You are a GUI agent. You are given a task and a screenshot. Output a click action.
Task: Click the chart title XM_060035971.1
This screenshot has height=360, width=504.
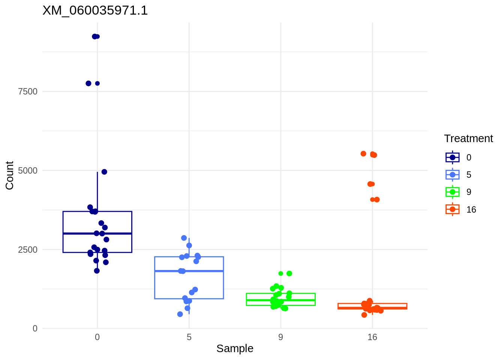[x=95, y=10]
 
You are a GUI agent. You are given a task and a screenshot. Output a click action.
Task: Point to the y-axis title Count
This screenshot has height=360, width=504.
[x=10, y=175]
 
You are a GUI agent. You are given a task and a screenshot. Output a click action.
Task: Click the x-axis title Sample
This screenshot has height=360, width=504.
[x=235, y=349]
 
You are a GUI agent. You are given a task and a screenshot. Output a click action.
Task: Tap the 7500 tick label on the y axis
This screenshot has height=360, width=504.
[x=28, y=91]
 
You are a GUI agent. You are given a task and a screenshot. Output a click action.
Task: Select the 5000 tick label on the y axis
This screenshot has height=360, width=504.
[x=28, y=171]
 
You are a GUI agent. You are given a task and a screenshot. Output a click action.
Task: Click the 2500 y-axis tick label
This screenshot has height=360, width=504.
[x=28, y=250]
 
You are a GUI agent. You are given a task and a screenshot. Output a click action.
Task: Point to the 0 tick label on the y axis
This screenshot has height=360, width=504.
[x=35, y=329]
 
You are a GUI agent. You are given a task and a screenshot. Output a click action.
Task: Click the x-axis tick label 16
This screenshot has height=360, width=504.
[x=372, y=337]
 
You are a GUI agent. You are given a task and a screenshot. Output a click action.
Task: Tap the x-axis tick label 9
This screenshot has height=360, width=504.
[x=280, y=337]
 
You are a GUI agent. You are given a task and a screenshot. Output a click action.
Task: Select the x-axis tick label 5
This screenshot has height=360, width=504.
[x=189, y=337]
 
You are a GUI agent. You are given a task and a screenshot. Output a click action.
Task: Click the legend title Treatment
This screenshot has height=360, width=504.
[x=468, y=139]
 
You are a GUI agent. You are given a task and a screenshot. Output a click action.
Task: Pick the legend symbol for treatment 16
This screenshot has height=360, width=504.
[x=453, y=209]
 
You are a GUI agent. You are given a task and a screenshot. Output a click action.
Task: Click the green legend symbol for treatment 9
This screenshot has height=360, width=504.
[x=453, y=192]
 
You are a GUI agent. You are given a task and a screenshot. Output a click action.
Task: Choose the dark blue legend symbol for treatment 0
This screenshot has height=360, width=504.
[x=453, y=157]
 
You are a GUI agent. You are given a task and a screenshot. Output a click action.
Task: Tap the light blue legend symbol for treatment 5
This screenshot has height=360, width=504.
[x=453, y=175]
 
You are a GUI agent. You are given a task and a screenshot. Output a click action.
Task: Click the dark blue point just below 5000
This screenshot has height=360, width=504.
[x=104, y=172]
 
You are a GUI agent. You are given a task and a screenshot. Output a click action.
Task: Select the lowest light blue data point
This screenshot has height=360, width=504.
[x=180, y=314]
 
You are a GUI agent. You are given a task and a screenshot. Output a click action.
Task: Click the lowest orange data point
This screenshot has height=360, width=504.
[x=364, y=315]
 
